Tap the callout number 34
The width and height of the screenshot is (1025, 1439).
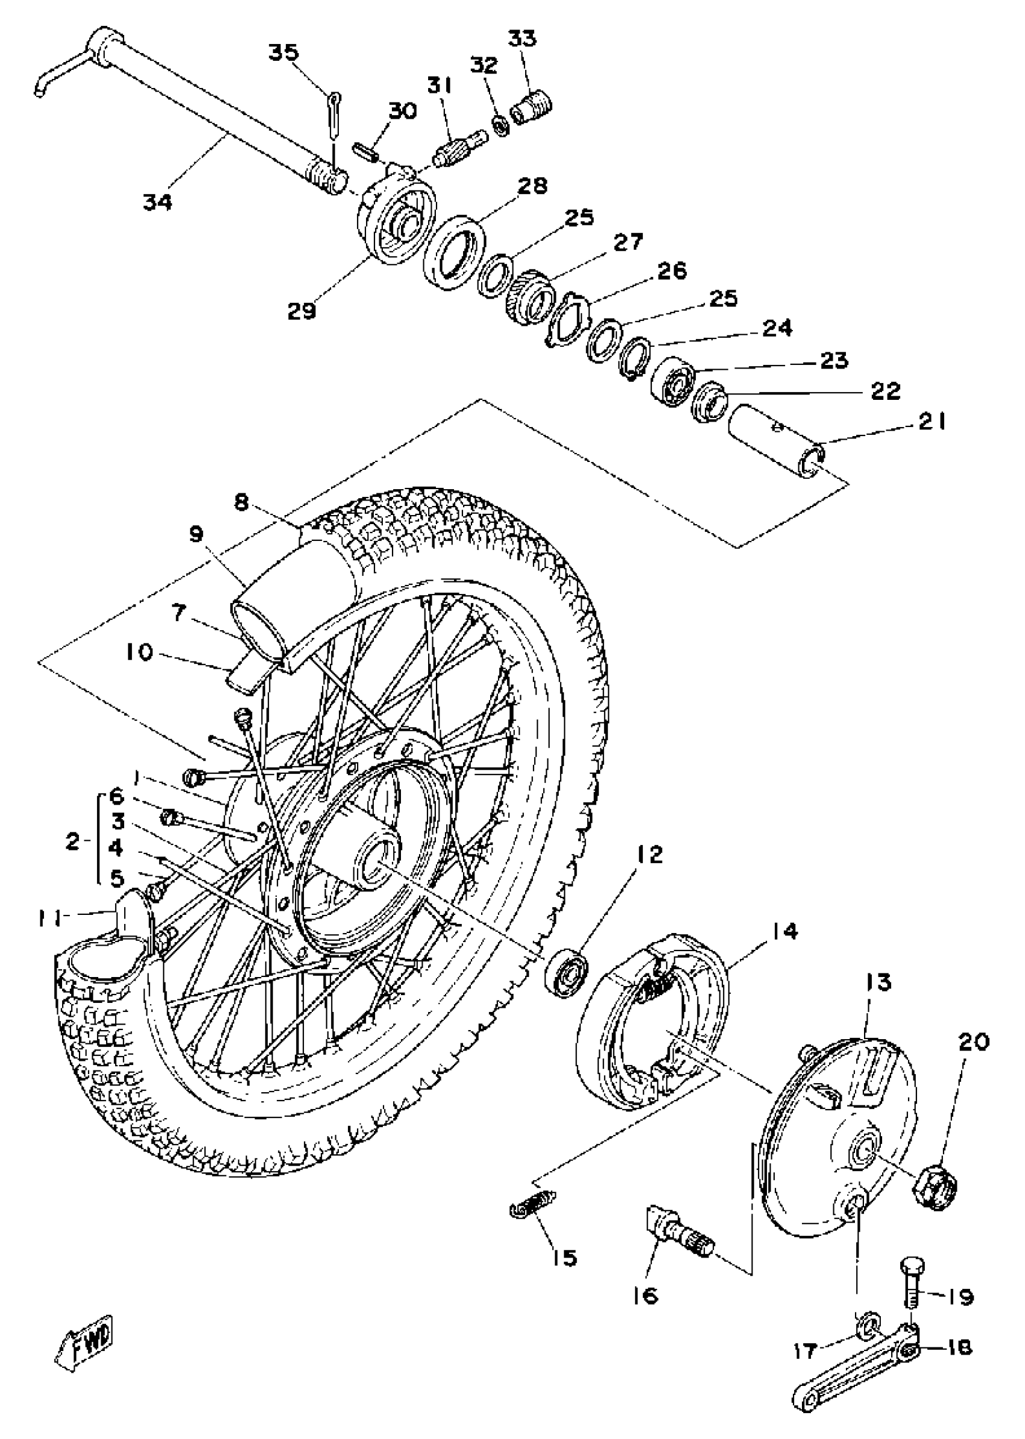157,203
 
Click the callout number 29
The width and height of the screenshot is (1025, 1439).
301,311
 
